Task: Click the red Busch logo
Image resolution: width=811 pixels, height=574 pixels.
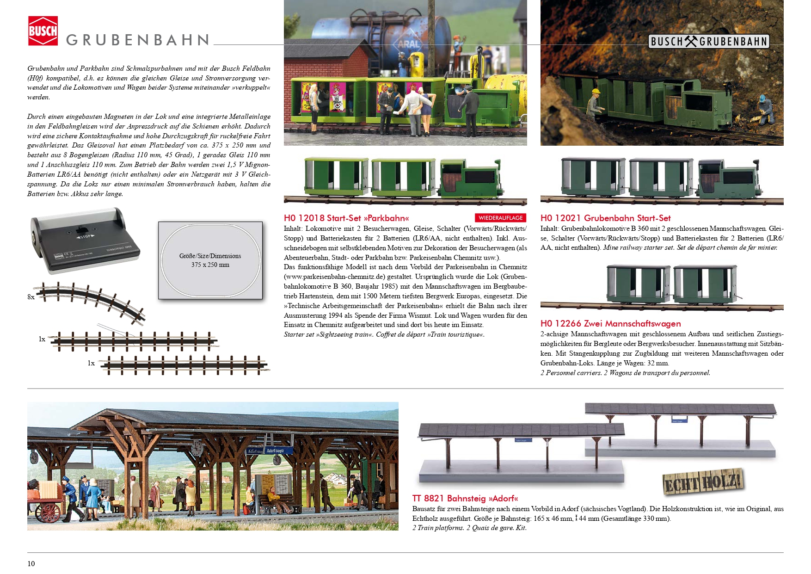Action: point(43,31)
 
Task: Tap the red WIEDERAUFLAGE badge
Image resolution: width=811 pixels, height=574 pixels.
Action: point(500,218)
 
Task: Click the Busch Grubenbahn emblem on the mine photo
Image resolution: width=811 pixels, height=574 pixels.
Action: point(708,42)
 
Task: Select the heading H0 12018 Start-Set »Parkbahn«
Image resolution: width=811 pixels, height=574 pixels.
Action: point(346,218)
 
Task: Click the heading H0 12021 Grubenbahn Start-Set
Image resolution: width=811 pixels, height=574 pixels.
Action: point(605,218)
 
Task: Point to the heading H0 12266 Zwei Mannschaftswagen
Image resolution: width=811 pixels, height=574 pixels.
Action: point(610,324)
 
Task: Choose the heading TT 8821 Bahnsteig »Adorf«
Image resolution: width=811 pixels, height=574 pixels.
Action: point(465,498)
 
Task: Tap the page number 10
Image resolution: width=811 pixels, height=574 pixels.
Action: point(31,563)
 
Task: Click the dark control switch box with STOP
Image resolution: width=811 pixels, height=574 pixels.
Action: point(84,241)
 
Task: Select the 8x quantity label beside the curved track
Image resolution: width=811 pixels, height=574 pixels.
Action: point(31,297)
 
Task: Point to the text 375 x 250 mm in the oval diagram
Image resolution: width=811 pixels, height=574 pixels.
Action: point(210,265)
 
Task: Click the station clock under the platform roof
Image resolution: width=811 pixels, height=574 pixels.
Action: point(197,448)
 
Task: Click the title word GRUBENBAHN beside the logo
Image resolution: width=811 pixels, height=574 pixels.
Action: point(138,40)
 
